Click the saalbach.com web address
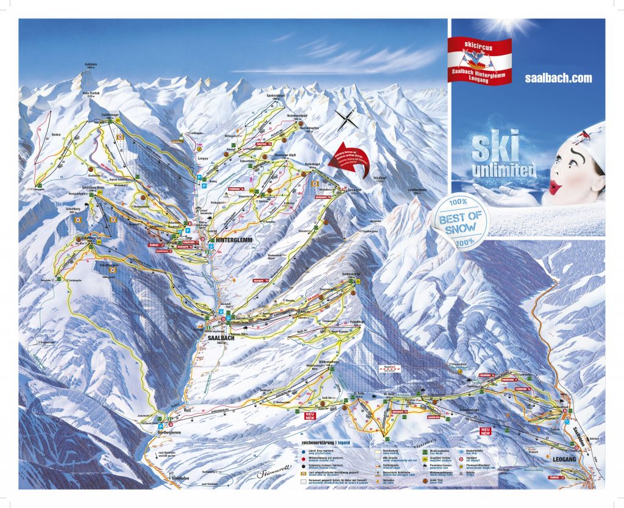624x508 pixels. coord(558,78)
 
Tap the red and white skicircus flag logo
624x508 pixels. coord(479,60)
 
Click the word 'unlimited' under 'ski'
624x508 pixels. coord(503,169)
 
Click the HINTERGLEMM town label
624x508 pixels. coord(235,241)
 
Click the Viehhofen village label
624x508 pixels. coord(175,480)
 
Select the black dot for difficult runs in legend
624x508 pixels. coord(303,463)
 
